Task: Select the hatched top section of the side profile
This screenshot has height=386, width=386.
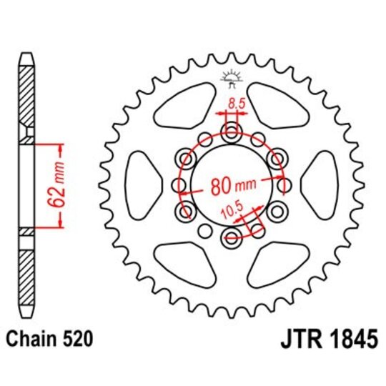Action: [x=26, y=93]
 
